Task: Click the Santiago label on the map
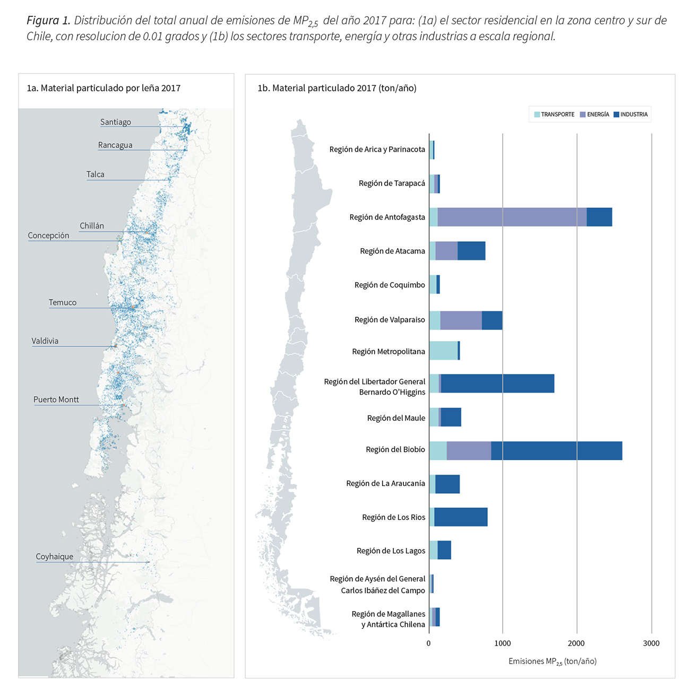coord(115,122)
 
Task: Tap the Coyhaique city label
coord(54,556)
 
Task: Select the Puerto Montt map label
coord(56,399)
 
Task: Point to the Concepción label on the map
coord(48,236)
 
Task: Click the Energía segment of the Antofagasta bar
coord(512,217)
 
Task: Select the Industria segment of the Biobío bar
coord(556,450)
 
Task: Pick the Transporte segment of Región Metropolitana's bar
coord(443,351)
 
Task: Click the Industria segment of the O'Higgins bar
coord(497,383)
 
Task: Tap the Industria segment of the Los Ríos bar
coord(461,517)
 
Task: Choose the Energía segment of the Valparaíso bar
coord(461,320)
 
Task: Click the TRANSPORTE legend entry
coord(554,115)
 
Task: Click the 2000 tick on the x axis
coord(576,643)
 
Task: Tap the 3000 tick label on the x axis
coord(651,643)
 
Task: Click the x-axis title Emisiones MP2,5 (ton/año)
coord(552,661)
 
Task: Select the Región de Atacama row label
coord(392,251)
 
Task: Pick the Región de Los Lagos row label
coord(391,551)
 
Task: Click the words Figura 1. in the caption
coord(48,21)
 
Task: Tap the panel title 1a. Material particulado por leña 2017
coord(103,88)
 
